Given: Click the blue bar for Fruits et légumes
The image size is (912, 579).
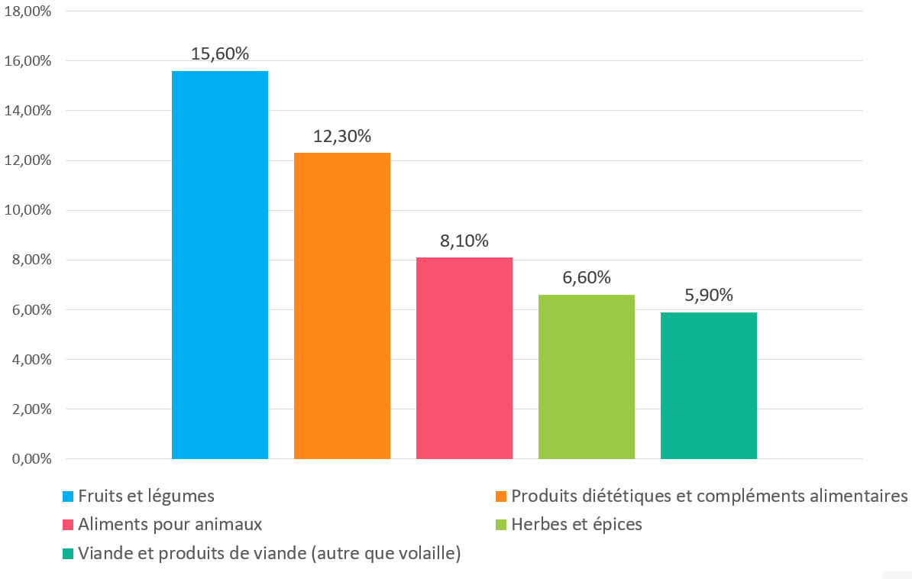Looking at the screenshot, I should pyautogui.click(x=219, y=264).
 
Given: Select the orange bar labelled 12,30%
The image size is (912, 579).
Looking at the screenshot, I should pyautogui.click(x=341, y=306).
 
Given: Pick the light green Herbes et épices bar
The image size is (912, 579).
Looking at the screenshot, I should pyautogui.click(x=586, y=377).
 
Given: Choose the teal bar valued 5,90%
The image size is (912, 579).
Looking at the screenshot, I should pyautogui.click(x=708, y=385).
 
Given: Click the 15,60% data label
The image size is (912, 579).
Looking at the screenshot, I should pyautogui.click(x=220, y=54).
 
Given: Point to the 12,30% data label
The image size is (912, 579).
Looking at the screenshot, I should pyautogui.click(x=342, y=137).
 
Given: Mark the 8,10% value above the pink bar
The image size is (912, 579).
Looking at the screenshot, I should pyautogui.click(x=464, y=241).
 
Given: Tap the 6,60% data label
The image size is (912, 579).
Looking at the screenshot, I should pyautogui.click(x=587, y=278).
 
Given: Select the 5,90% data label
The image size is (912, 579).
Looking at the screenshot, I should pyautogui.click(x=709, y=296).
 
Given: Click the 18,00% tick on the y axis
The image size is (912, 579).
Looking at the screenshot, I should pyautogui.click(x=27, y=11).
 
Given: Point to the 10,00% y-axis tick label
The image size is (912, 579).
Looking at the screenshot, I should pyautogui.click(x=27, y=210).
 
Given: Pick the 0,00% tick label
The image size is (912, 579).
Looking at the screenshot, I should pyautogui.click(x=31, y=459).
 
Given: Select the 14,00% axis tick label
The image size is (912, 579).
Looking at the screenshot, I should pyautogui.click(x=27, y=111).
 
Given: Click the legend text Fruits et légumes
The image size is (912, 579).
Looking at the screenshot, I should pyautogui.click(x=146, y=496).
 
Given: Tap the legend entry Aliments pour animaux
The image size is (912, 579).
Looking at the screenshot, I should pyautogui.click(x=170, y=525).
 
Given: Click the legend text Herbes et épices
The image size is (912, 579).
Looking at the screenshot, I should pyautogui.click(x=577, y=525).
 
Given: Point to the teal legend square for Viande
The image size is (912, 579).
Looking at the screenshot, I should pyautogui.click(x=68, y=555).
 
